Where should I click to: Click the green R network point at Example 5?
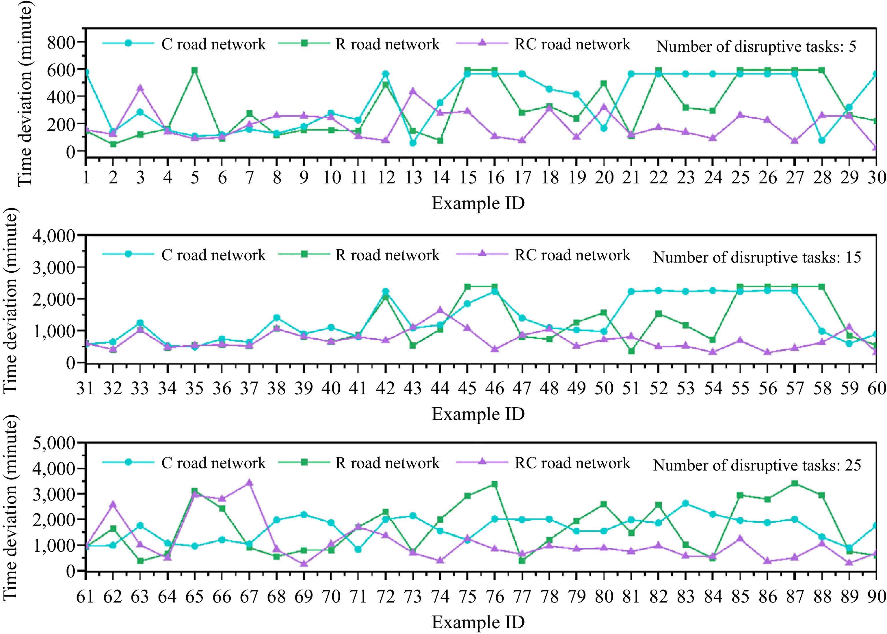click(194, 70)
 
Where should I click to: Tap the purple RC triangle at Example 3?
click(140, 88)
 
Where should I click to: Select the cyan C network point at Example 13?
click(413, 143)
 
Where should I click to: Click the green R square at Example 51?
click(631, 351)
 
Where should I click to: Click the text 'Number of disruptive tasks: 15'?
click(757, 257)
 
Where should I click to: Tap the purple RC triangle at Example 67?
click(249, 483)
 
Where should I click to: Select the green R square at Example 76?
click(495, 484)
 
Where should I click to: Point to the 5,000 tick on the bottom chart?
click(54, 443)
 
